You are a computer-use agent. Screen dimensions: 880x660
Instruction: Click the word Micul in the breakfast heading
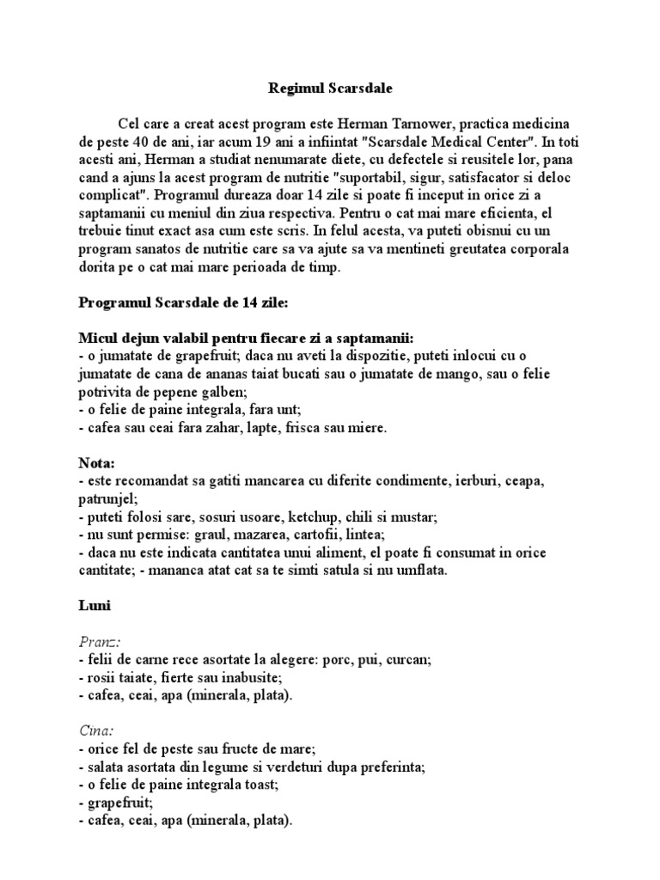(97, 337)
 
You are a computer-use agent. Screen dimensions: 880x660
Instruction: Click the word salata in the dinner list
(104, 766)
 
